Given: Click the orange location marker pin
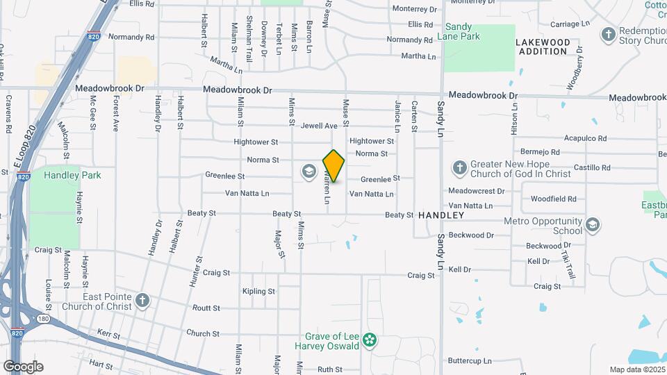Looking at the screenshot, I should pos(333,166).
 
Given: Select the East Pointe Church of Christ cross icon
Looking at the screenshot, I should pos(142,301).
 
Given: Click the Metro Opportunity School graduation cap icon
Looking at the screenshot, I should pos(593,225).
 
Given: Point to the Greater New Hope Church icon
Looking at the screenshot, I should pos(459,168).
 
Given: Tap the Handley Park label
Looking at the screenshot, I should pos(72,175).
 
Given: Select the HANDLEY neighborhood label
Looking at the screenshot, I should pos(441,216).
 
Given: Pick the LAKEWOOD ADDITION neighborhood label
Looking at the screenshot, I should pos(543,47).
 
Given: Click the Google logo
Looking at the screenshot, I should pos(23,367).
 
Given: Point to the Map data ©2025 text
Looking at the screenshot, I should pos(636,369).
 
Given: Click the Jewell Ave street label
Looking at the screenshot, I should pos(319,126).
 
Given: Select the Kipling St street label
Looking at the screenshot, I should pos(259,291).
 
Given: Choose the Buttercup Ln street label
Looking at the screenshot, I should pos(470,361).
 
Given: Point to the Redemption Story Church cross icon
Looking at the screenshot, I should pos(609,34).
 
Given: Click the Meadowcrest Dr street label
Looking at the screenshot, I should pos(476,191).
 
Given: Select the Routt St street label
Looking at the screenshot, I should pos(206,308).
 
